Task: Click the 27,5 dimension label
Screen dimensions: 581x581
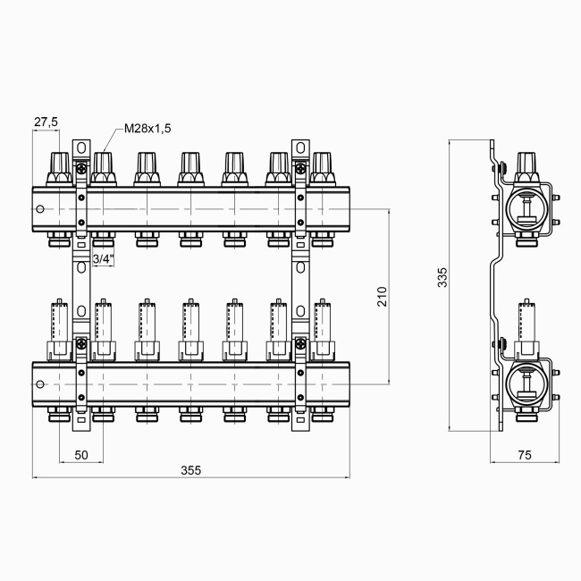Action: click(46, 122)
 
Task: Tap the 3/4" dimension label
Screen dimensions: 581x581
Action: click(104, 259)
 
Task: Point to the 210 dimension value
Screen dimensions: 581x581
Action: click(382, 297)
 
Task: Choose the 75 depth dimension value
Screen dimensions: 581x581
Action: click(525, 455)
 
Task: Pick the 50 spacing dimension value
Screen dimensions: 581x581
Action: click(81, 455)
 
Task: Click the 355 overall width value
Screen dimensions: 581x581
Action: click(190, 470)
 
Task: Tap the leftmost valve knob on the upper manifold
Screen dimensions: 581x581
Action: click(60, 166)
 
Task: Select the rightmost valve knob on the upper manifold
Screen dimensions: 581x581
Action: click(321, 166)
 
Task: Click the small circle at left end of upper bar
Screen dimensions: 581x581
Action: click(40, 210)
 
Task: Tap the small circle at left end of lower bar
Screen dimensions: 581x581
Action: click(40, 384)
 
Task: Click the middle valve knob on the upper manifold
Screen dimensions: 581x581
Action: click(190, 166)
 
